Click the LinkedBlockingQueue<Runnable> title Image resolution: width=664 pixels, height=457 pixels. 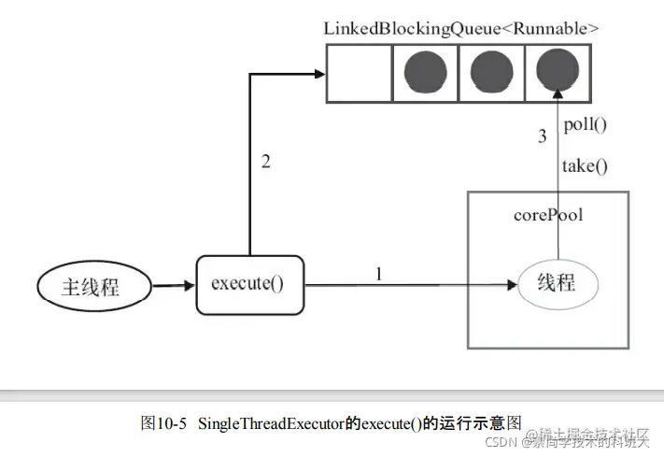pyautogui.click(x=461, y=29)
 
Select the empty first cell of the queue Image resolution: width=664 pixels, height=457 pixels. pyautogui.click(x=359, y=73)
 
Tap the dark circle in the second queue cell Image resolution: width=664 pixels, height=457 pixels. pyautogui.click(x=426, y=73)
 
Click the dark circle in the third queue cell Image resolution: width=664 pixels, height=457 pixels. pyautogui.click(x=492, y=73)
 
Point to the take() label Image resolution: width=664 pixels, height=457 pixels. pyautogui.click(x=585, y=166)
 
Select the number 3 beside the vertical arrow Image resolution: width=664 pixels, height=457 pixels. pyautogui.click(x=542, y=137)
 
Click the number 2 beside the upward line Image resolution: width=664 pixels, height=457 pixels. pyautogui.click(x=265, y=162)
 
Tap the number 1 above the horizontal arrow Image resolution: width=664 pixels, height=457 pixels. pyautogui.click(x=378, y=274)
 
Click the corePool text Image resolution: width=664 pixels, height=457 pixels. pyautogui.click(x=548, y=215)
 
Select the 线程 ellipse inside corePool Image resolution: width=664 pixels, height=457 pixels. pyautogui.click(x=558, y=284)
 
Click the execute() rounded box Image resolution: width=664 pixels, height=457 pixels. pyautogui.click(x=250, y=283)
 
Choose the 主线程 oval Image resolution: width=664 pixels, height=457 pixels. pyautogui.click(x=92, y=286)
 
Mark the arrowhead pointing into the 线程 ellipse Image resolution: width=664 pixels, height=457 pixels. pyautogui.click(x=512, y=284)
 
